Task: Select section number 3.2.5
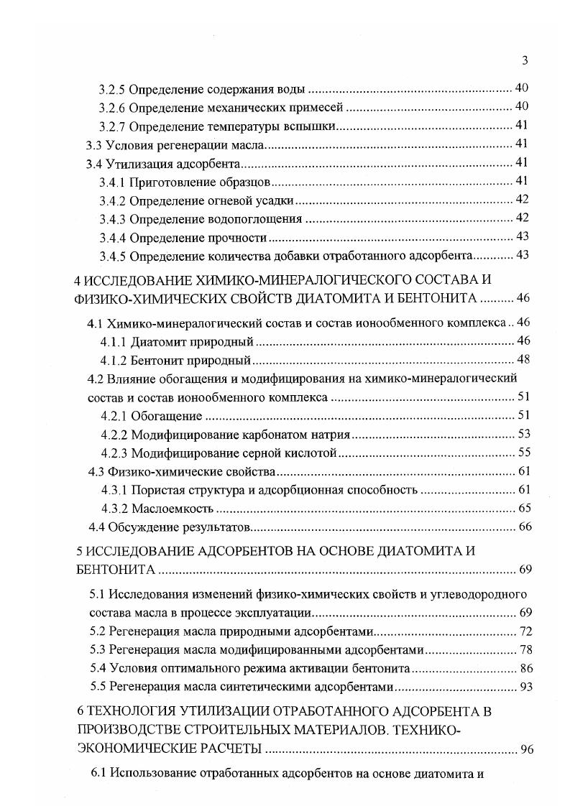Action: click(x=112, y=89)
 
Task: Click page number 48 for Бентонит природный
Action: click(x=523, y=359)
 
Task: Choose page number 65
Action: click(x=523, y=509)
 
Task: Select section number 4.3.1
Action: click(x=114, y=490)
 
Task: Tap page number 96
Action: click(x=527, y=751)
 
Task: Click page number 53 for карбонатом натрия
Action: click(x=523, y=434)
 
